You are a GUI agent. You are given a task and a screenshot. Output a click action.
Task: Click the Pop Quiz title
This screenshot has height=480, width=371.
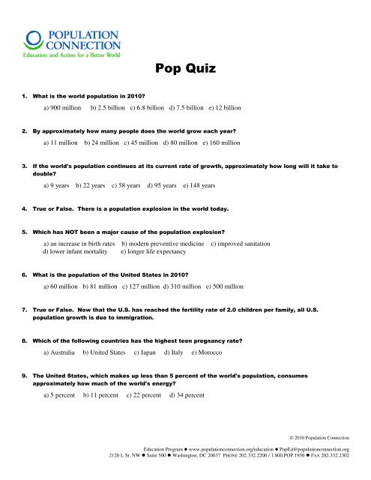point(185,70)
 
